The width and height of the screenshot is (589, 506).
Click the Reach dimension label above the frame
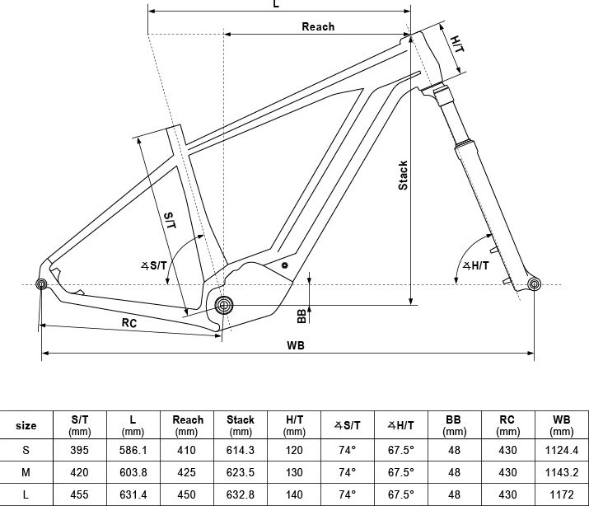pyautogui.click(x=318, y=26)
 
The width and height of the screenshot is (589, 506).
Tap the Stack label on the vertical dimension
pyautogui.click(x=403, y=175)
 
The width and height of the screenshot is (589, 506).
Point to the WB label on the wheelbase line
pyautogui.click(x=296, y=345)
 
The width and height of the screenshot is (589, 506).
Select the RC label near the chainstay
pyautogui.click(x=129, y=323)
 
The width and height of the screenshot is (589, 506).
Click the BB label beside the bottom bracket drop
pyautogui.click(x=302, y=316)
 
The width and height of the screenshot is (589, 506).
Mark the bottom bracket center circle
pyautogui.click(x=224, y=305)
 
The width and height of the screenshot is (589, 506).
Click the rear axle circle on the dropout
pyautogui.click(x=41, y=284)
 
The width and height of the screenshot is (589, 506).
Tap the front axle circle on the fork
pyautogui.click(x=534, y=284)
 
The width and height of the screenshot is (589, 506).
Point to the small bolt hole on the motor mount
pyautogui.click(x=285, y=265)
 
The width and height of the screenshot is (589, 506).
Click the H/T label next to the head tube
pyautogui.click(x=457, y=44)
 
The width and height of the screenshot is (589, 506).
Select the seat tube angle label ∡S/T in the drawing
pyautogui.click(x=154, y=265)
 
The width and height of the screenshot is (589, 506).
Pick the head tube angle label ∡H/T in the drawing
pyautogui.click(x=476, y=265)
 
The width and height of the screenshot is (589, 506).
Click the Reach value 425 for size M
pyautogui.click(x=187, y=472)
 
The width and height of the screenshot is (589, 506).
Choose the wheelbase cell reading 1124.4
pyautogui.click(x=562, y=450)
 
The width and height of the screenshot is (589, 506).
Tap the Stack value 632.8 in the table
pyautogui.click(x=241, y=494)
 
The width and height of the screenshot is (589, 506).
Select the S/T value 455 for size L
pyautogui.click(x=80, y=494)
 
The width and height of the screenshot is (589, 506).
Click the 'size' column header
pyautogui.click(x=26, y=425)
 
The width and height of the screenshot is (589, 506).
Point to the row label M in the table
pyautogui.click(x=26, y=472)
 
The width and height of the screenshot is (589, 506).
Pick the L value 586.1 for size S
pyautogui.click(x=133, y=450)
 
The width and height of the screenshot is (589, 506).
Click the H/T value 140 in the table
pyautogui.click(x=294, y=494)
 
